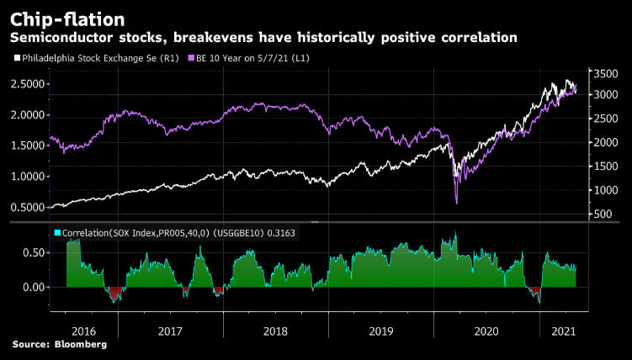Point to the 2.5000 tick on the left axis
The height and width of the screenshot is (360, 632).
[x=27, y=84]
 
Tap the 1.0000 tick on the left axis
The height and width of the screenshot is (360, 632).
[x=27, y=177]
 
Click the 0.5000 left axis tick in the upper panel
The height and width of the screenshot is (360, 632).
[x=27, y=208]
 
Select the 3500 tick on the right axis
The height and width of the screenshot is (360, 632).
[x=607, y=74]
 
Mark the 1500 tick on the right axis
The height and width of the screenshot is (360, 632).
[x=607, y=167]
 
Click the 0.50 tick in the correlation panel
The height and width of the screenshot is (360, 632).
[x=34, y=252]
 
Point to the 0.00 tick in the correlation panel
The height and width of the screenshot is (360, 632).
[x=34, y=287]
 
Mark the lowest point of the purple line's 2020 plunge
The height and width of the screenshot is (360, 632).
[x=456, y=203]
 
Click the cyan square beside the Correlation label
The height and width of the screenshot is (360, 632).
[x=56, y=233]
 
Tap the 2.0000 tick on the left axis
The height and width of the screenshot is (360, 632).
[x=27, y=115]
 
